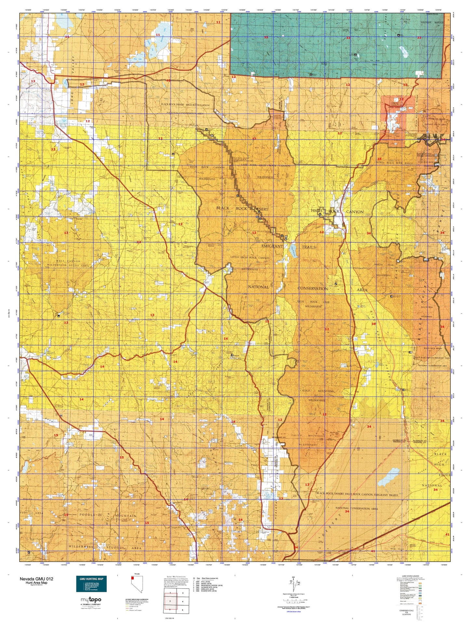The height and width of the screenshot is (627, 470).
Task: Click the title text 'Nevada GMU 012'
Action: click(36, 579)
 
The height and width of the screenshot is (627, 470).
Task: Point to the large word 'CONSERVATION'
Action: click(313, 288)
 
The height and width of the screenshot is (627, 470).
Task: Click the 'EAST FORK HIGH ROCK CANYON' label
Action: click(265, 166)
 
